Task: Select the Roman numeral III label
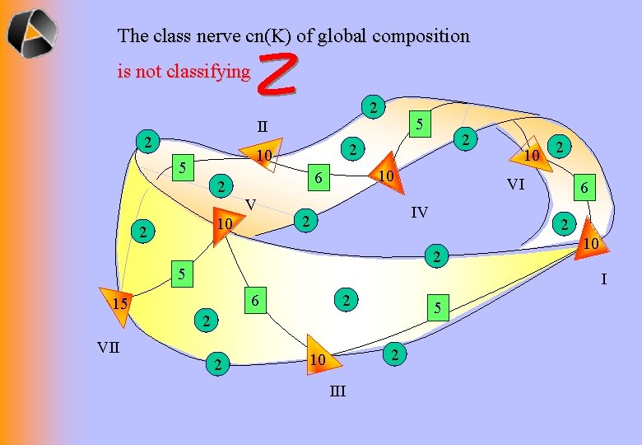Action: [337, 391]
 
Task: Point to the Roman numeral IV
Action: [420, 213]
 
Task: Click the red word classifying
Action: [208, 72]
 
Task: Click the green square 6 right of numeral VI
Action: [583, 189]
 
